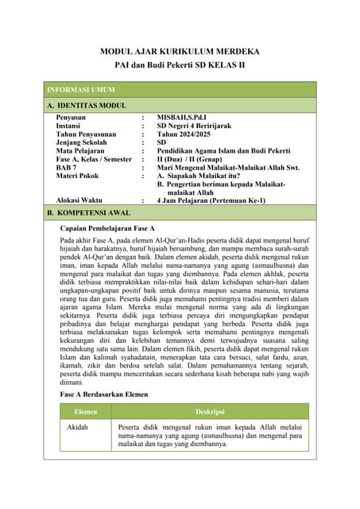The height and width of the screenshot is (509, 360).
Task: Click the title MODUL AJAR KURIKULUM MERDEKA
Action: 180,52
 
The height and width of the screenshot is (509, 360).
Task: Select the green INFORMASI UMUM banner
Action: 180,89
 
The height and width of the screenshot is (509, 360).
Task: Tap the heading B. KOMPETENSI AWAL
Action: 88,213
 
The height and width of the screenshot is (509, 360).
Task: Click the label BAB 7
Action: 66,167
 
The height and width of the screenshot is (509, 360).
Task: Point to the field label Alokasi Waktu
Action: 80,200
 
